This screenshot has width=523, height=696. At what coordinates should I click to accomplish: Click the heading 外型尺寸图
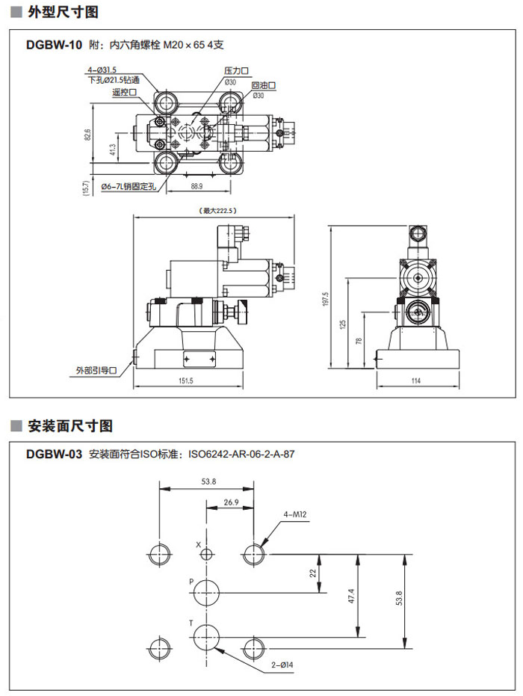pos(64,13)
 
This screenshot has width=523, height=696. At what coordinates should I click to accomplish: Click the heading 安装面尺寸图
pos(70,426)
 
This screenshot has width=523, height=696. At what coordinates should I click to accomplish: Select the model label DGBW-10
pos(53,45)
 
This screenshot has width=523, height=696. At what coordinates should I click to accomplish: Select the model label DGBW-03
pos(53,454)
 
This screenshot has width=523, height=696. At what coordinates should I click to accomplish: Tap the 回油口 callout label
pos(264,86)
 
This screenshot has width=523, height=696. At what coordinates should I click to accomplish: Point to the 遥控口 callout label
pos(124,92)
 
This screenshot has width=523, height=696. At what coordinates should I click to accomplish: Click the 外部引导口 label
pos(96,370)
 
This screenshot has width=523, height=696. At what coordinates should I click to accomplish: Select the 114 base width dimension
pos(415,381)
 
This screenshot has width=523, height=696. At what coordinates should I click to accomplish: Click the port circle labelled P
pos(206,593)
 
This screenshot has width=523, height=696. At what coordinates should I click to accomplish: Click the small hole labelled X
pos(206,554)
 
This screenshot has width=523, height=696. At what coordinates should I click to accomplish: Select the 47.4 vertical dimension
pos(361,596)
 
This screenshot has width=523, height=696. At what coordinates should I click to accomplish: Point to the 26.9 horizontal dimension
pos(231,502)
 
